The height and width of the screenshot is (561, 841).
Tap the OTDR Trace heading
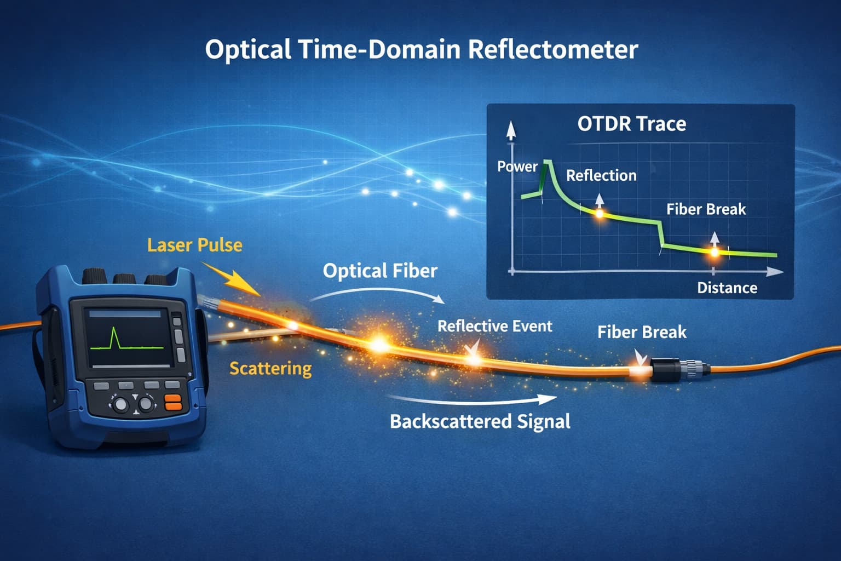[631, 124]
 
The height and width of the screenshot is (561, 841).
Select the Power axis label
[517, 167]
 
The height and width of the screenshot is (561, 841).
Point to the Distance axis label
[727, 288]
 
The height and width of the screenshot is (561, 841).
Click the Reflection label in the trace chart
[601, 176]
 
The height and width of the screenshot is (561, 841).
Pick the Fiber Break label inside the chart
[706, 209]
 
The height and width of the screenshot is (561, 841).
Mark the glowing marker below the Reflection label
[600, 213]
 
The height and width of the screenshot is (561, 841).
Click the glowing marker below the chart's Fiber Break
[714, 252]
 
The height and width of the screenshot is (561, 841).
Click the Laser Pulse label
[194, 245]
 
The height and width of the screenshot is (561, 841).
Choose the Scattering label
[270, 368]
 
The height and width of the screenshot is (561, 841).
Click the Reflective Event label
[494, 327]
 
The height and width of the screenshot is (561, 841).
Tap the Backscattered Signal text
[480, 421]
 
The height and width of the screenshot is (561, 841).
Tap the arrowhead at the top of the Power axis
[511, 130]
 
